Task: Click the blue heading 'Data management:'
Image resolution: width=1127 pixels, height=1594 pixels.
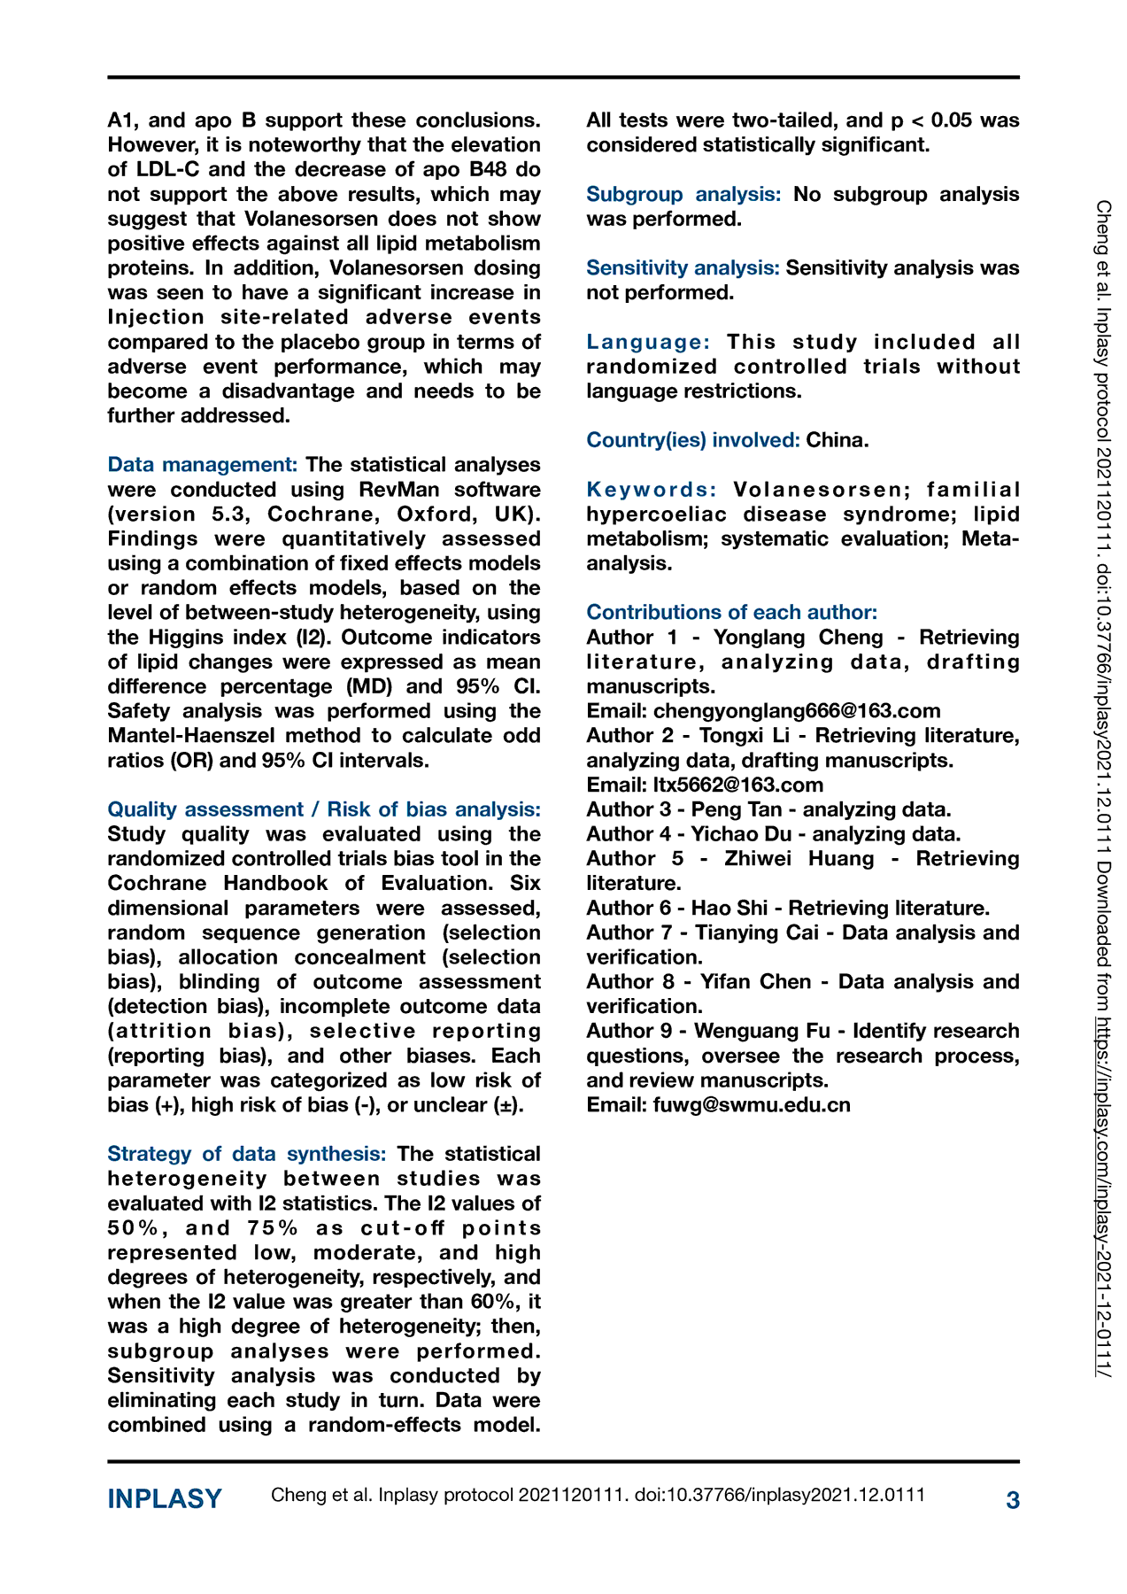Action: coord(202,465)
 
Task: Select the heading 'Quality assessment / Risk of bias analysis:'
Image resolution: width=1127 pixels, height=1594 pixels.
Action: coord(324,809)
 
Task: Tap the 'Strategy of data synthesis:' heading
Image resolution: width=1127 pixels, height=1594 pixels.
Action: coord(247,1154)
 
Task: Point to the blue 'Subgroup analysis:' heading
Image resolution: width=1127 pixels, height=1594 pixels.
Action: coord(683,195)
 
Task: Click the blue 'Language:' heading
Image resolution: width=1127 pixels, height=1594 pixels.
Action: coord(648,343)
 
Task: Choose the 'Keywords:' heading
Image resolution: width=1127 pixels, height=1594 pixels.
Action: coord(652,490)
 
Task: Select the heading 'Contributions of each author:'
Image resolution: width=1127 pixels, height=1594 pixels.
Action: coord(731,613)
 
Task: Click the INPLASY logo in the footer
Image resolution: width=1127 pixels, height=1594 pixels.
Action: coord(165,1499)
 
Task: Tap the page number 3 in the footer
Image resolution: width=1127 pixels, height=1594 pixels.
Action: coord(1013,1500)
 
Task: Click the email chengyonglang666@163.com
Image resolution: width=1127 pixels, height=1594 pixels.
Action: coord(797,711)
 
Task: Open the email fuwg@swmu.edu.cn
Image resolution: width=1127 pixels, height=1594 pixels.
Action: coord(752,1105)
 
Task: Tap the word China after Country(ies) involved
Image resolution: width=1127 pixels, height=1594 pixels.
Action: coord(837,440)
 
